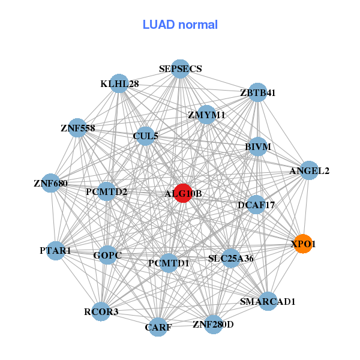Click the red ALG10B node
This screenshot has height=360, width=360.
coord(183,193)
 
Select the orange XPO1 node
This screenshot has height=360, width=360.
coord(303,244)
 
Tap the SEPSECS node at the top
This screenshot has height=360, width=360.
coord(180,69)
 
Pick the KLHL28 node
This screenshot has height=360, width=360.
coord(120,84)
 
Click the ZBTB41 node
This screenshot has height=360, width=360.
coord(257,93)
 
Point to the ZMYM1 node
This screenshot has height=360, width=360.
coord(206,115)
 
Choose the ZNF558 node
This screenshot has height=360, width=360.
coord(77,128)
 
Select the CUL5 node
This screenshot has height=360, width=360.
coord(145,136)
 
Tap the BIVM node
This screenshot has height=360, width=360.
coord(257,146)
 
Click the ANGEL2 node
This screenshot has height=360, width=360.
coord(309,170)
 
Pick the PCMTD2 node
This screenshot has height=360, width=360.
coord(106,192)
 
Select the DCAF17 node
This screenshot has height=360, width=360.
coord(256,205)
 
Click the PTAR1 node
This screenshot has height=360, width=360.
coord(55,250)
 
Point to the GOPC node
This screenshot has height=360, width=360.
coord(107,256)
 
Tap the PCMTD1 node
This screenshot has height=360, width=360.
coord(169,263)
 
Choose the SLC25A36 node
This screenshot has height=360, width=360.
coord(231,259)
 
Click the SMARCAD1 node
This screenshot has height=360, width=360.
coord(268,301)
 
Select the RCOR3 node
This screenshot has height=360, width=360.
coord(101,311)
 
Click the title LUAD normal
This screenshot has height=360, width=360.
coord(180,25)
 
